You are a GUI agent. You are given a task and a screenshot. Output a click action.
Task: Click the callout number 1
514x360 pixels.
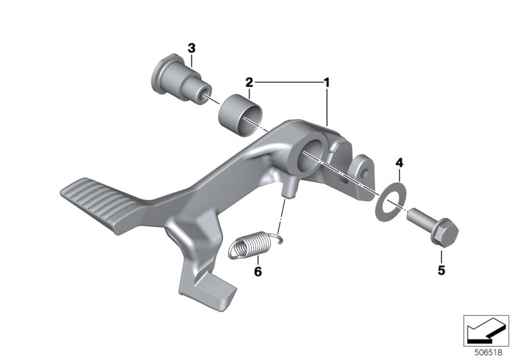click(x=326, y=83)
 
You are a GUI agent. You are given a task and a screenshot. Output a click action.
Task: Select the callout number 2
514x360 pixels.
click(x=249, y=82)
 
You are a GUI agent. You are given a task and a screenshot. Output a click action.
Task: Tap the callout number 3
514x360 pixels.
click(x=191, y=48)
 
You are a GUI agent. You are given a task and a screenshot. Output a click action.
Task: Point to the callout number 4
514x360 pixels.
click(x=399, y=163)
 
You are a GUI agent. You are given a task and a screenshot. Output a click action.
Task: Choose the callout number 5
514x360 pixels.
click(x=441, y=271)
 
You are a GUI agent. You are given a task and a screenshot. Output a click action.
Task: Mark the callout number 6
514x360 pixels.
click(x=258, y=271)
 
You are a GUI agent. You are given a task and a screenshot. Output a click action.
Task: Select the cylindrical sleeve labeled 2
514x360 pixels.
click(x=240, y=115)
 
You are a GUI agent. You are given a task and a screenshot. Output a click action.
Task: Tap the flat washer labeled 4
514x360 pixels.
click(x=391, y=203)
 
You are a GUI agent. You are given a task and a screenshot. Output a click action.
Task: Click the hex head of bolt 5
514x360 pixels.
click(x=444, y=233)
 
